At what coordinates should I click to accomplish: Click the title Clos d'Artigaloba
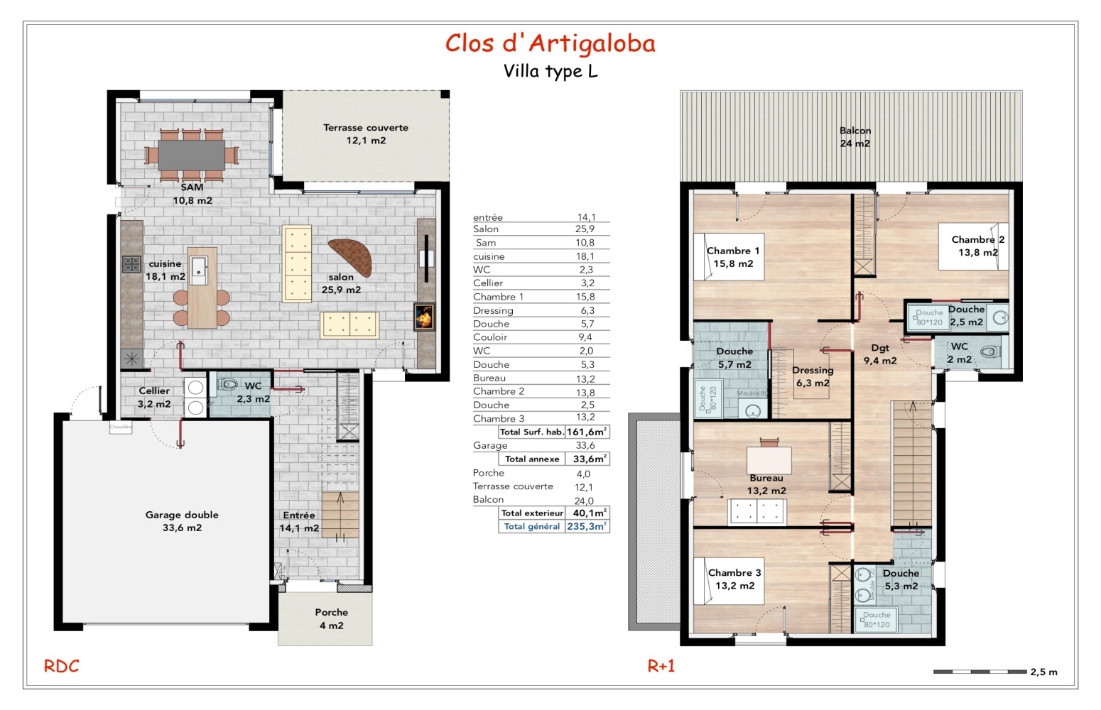[x=550, y=43]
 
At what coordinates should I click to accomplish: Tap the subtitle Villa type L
[x=550, y=71]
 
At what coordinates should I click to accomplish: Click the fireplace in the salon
[x=424, y=317]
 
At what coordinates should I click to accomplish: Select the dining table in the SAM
[x=192, y=154]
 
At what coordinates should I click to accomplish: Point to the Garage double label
[x=182, y=521]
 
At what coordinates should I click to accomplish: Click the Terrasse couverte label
[x=366, y=133]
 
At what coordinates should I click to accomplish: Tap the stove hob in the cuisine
[x=131, y=264]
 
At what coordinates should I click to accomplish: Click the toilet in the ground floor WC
[x=228, y=385]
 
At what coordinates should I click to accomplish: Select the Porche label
[x=331, y=618]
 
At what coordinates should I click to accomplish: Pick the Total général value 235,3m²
[x=587, y=526]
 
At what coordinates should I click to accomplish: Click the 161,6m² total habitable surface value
[x=587, y=432]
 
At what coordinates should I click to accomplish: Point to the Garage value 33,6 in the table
[x=585, y=445]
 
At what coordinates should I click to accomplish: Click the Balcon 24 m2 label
[x=855, y=137]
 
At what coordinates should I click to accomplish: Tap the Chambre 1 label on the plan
[x=733, y=257]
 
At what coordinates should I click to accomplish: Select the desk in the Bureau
[x=769, y=458]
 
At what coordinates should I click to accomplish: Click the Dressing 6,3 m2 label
[x=813, y=376]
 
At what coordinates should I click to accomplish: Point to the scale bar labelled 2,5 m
[x=980, y=671]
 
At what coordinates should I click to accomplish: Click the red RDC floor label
[x=62, y=666]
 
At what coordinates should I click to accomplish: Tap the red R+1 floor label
[x=661, y=666]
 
